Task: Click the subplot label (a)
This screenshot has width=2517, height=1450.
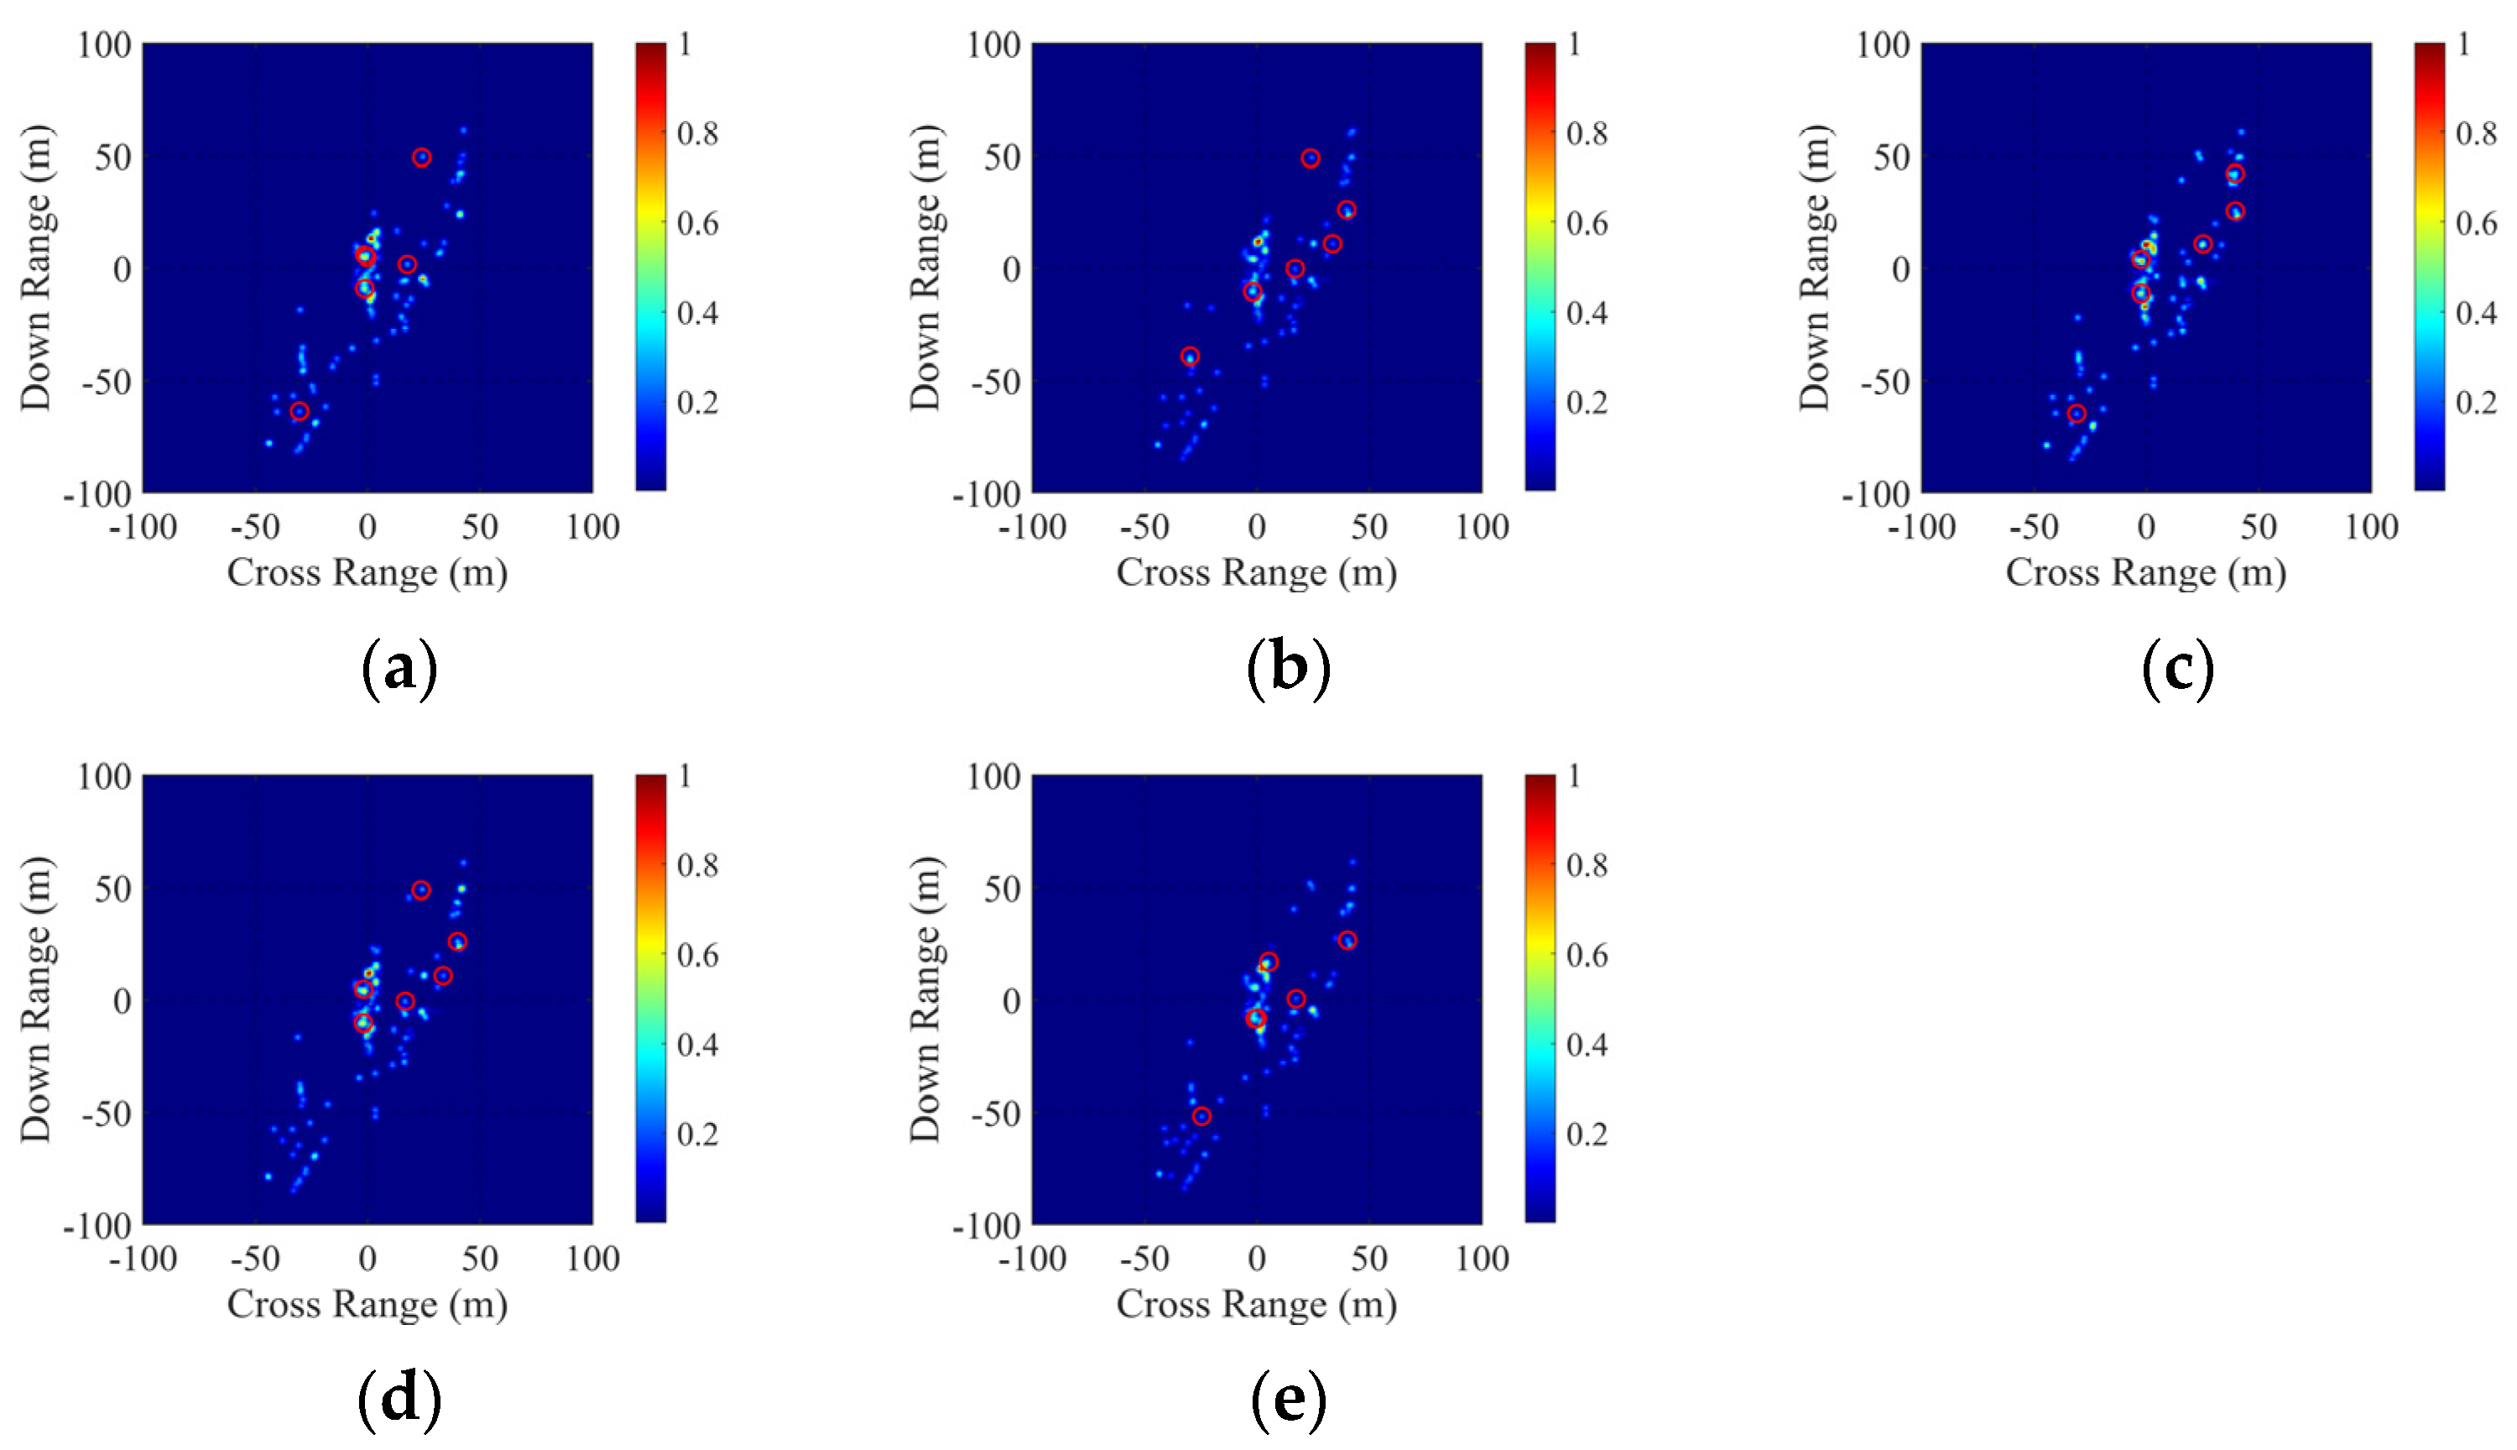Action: click(399, 667)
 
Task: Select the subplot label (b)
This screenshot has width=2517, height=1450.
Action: click(1289, 667)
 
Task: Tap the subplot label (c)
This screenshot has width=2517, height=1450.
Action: click(2177, 667)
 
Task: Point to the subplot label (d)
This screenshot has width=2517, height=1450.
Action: click(399, 1398)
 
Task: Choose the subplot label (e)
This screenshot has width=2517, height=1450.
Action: click(1289, 1398)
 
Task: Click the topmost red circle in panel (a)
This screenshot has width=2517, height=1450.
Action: click(422, 158)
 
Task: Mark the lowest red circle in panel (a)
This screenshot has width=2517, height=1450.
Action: click(300, 411)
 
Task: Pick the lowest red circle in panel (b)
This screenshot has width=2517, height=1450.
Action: click(1190, 357)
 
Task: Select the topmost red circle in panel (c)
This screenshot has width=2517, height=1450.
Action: click(2235, 175)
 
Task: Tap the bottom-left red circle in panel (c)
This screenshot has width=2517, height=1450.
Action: click(2077, 414)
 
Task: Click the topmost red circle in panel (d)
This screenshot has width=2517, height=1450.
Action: click(421, 889)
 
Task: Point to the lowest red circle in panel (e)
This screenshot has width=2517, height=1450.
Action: click(1201, 1116)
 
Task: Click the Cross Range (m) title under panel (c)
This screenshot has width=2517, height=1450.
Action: click(2145, 572)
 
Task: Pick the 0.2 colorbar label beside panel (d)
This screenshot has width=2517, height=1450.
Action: click(697, 1134)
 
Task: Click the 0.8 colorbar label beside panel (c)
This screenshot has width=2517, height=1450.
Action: click(2476, 133)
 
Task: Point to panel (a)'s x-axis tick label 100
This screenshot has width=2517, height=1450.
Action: click(592, 527)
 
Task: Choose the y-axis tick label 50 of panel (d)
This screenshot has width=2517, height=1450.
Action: click(112, 889)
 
